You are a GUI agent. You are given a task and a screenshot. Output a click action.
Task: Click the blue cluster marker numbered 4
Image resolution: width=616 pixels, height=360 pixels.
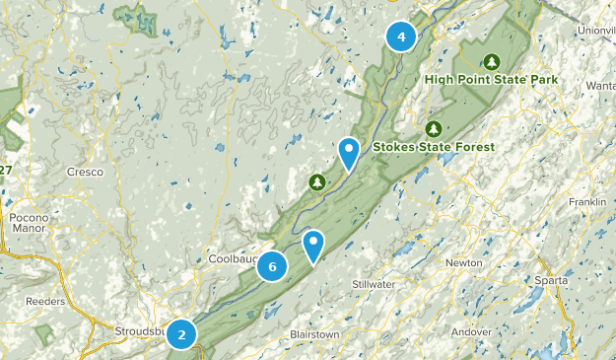point(400,37)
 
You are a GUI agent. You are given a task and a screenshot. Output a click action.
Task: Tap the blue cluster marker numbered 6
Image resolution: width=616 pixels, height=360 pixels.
point(272,265)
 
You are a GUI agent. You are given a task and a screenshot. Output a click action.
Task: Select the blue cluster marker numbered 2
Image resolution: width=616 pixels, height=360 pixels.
point(181,333)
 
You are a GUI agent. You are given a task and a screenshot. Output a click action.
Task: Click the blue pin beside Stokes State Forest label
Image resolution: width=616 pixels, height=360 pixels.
point(349,154)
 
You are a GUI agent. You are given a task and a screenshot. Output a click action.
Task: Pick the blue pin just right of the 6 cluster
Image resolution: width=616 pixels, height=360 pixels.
point(313,246)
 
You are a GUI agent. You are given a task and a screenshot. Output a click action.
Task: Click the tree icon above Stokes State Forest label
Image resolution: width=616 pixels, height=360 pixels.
point(433,129)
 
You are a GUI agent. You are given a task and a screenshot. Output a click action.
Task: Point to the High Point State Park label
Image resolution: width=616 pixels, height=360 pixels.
point(492,79)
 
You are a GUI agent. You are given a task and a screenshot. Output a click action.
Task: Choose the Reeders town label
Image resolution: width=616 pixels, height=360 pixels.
point(45,300)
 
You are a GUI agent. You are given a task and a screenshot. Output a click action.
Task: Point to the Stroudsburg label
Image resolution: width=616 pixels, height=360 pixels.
point(140,330)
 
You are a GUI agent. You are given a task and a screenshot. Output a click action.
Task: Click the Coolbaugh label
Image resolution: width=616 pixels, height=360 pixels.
point(233,258)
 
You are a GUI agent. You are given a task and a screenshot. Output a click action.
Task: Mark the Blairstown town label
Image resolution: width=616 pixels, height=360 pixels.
point(314,335)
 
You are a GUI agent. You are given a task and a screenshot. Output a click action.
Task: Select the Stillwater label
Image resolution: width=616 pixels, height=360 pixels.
point(374,285)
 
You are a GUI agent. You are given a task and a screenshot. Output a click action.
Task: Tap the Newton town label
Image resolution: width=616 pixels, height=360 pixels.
point(463,263)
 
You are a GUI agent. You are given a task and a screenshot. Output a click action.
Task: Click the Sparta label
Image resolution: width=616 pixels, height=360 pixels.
point(551,295)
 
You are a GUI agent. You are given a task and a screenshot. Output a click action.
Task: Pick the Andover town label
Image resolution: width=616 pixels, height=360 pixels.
point(470,331)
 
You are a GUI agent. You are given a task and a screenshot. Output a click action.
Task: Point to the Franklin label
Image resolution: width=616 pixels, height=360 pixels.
point(587,202)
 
